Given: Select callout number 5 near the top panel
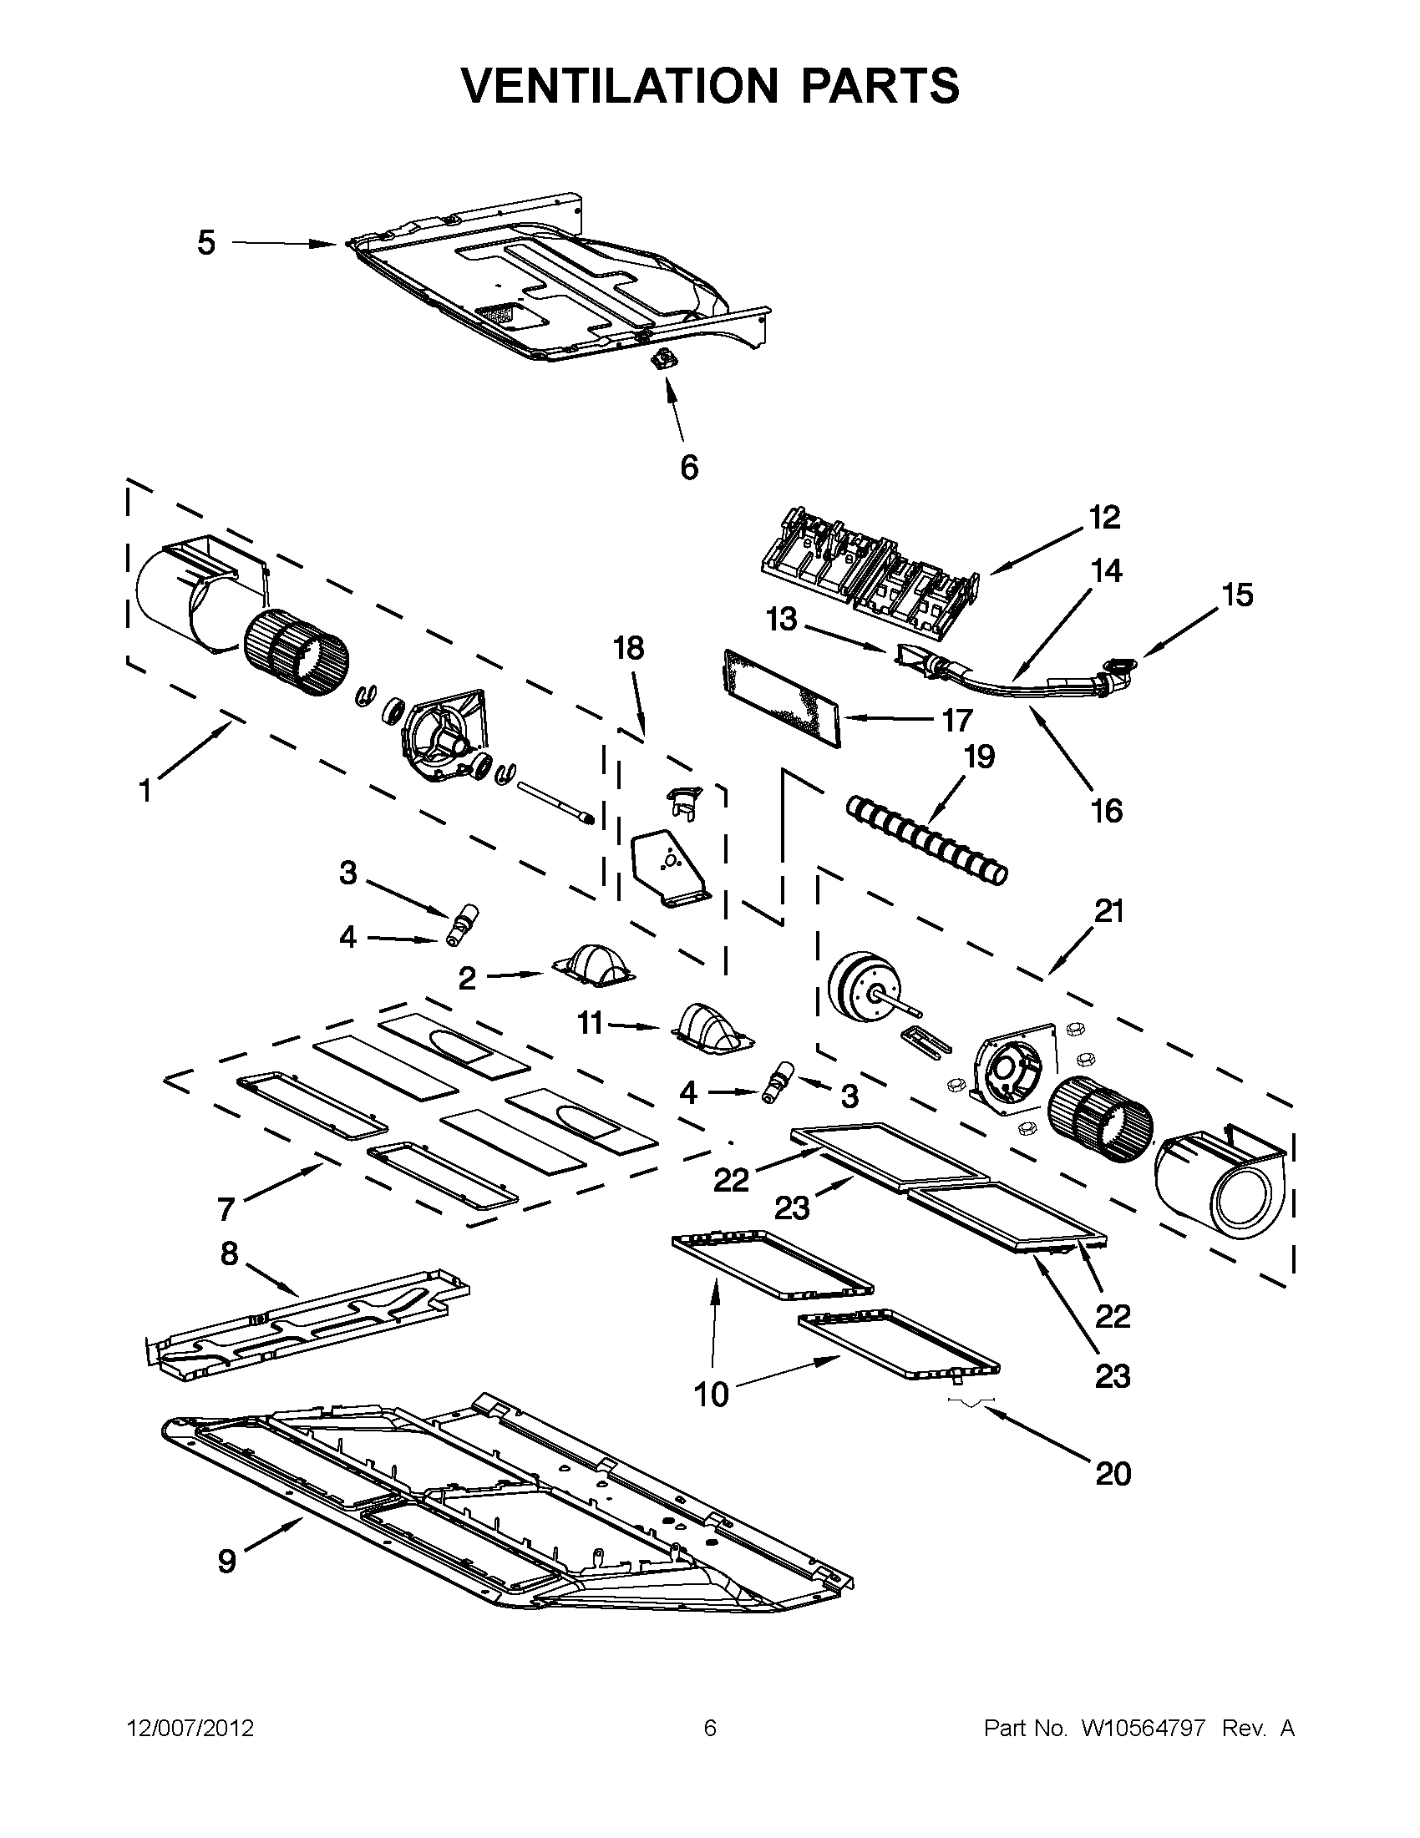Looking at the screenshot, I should coord(206,243).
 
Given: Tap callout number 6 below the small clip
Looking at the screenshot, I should coord(688,467).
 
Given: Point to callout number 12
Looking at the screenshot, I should coord(1104,518).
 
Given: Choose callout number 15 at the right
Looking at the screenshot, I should coord(1237,595).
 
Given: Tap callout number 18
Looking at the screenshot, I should coord(628,648).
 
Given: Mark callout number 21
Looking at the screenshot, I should coord(1108,911).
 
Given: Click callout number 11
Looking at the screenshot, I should coord(590,1024).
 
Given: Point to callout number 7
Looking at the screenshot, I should coord(226,1210).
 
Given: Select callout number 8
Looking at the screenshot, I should coord(230,1278).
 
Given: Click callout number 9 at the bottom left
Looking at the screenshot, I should coord(227,1561).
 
